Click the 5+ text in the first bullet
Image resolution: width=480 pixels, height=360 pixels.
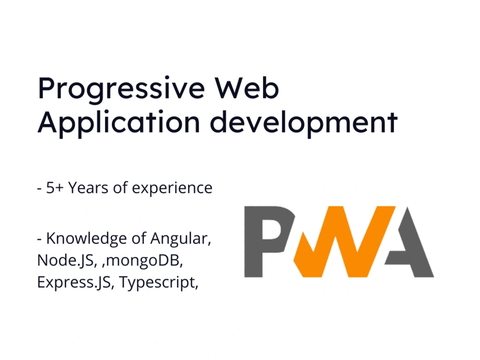pos(55,188)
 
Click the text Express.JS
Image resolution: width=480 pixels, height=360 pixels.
pos(74,283)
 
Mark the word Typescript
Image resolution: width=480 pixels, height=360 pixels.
pos(158,283)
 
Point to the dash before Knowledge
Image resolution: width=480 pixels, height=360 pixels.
pos(39,239)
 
